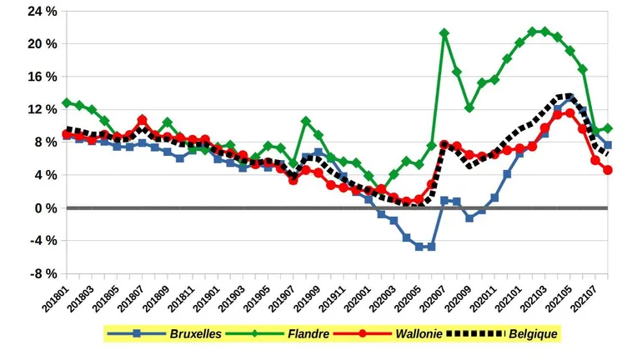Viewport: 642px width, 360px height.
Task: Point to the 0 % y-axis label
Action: [43, 208]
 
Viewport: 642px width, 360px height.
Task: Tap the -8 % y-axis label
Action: [42, 274]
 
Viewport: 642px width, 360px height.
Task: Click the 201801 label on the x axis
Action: [55, 299]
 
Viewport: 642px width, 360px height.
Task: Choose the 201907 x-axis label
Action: [283, 299]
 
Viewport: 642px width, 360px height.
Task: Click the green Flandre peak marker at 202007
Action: [444, 33]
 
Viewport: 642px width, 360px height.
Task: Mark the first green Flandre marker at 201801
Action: [67, 102]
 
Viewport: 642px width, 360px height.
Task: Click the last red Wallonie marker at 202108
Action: [609, 170]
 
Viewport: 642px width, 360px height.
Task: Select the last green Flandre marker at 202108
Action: [609, 128]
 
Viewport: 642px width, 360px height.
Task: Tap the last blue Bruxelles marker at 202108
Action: [609, 145]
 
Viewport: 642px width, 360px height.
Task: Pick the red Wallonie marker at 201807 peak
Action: [143, 120]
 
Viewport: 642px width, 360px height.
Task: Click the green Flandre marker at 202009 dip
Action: [469, 107]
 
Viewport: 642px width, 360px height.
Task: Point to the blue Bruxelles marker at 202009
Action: [469, 218]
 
